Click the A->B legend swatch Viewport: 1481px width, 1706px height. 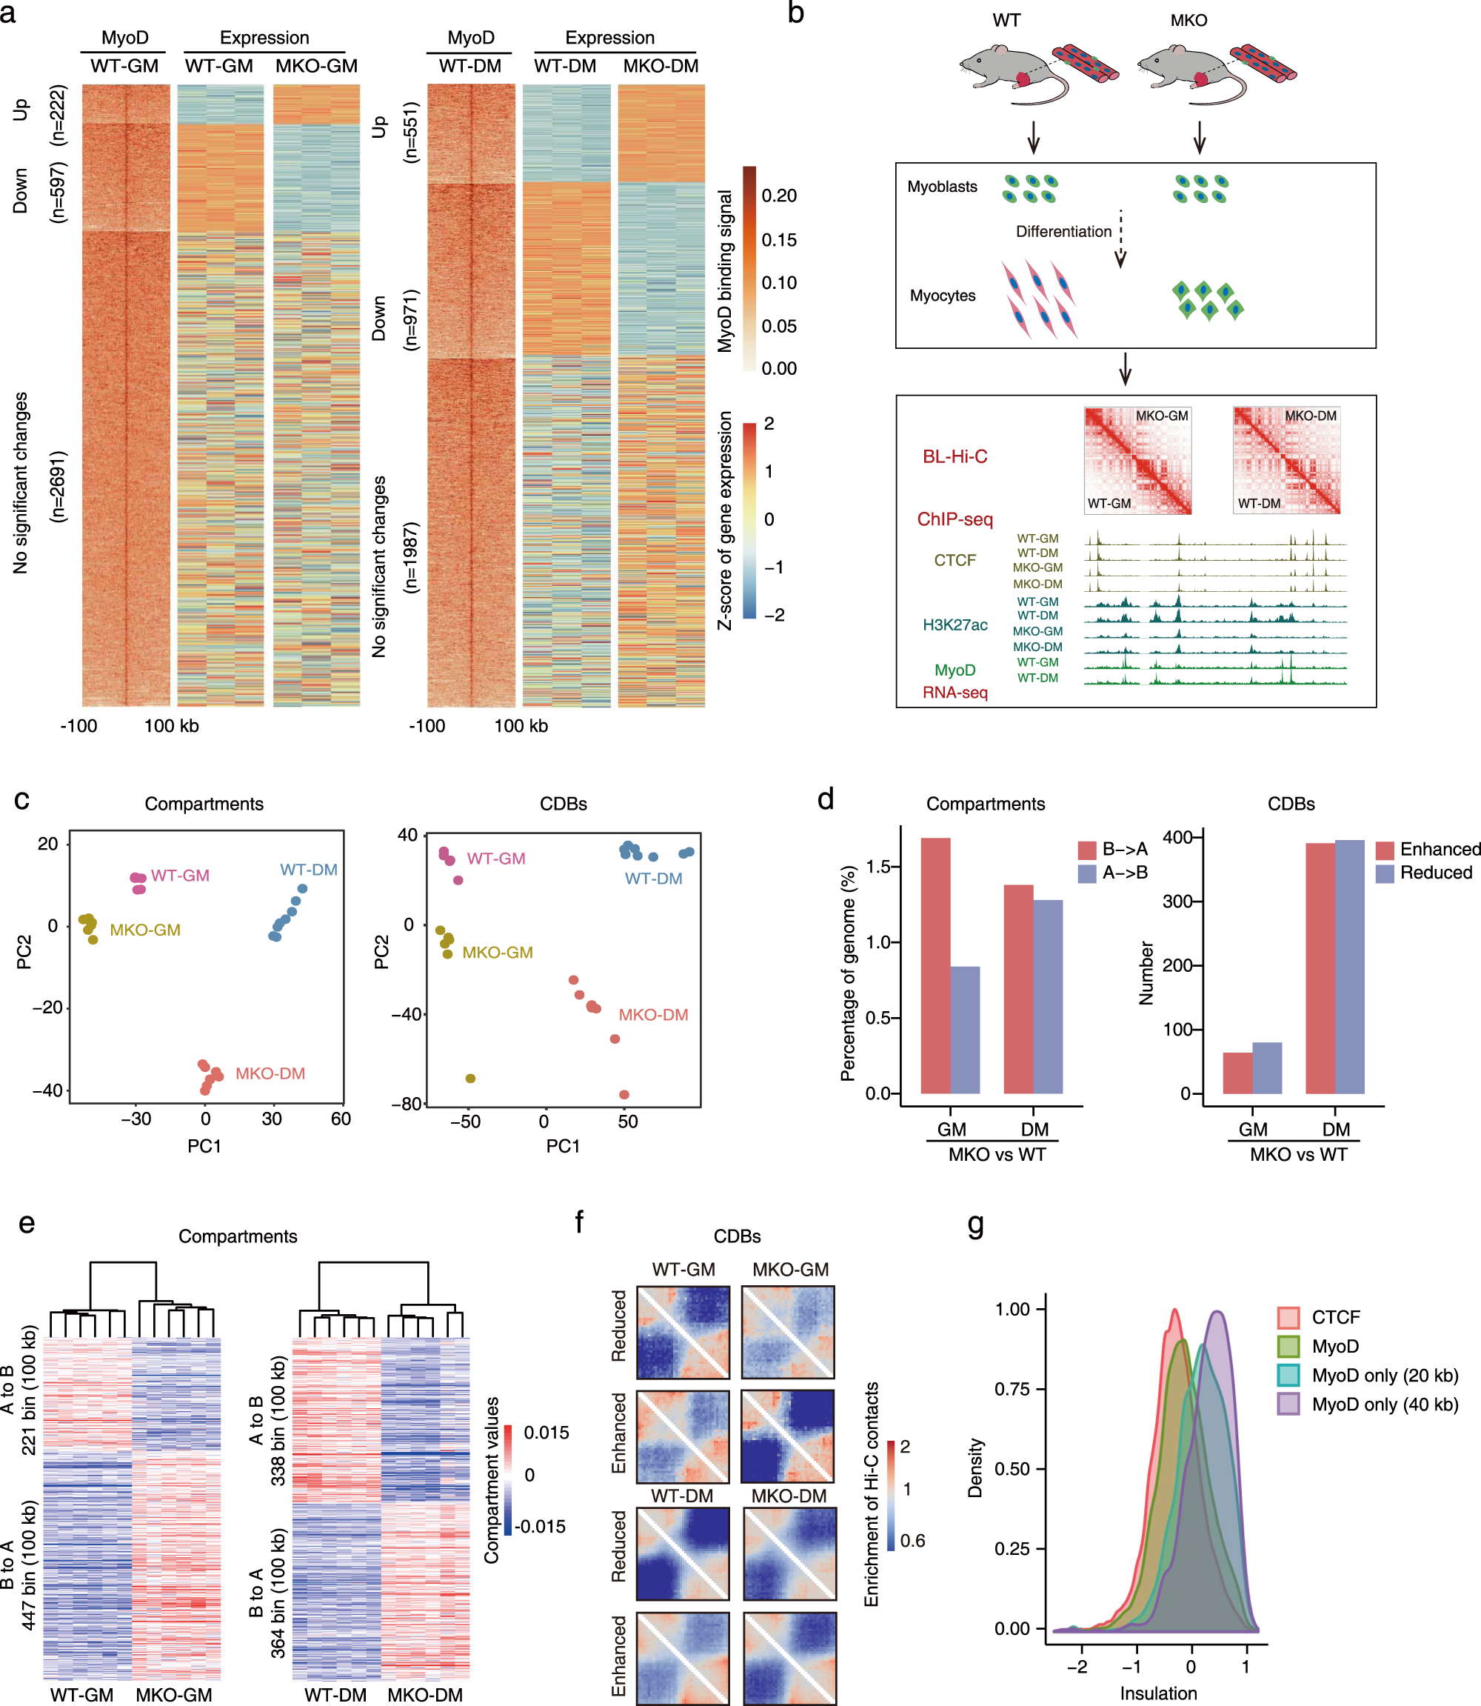coord(1087,873)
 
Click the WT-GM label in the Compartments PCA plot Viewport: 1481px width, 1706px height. coord(179,876)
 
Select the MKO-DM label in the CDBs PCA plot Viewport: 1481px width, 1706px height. coord(653,1014)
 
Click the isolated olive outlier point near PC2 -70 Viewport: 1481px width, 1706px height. coord(470,1078)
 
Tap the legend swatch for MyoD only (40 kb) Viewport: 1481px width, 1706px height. coord(1288,1404)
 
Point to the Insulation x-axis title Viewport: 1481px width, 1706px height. coord(1158,1693)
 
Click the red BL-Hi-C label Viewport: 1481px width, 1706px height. coord(955,456)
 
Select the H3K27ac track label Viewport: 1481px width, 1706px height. coord(955,625)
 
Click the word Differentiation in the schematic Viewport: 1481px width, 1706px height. coord(1063,231)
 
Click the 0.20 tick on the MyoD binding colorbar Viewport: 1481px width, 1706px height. coord(778,196)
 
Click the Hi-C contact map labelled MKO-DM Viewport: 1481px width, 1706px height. coord(1286,460)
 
